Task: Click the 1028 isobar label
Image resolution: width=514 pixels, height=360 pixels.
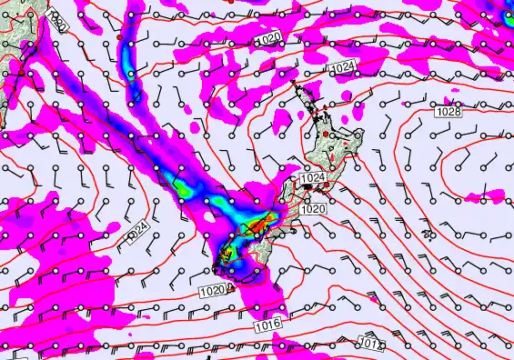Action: pyautogui.click(x=447, y=111)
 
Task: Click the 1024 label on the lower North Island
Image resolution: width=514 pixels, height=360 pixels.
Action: pyautogui.click(x=312, y=178)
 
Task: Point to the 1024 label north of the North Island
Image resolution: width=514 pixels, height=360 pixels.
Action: pyautogui.click(x=343, y=68)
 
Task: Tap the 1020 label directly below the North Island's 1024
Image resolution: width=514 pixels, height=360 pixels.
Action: pyautogui.click(x=313, y=208)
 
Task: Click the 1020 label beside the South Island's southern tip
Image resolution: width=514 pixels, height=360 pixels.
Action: pyautogui.click(x=210, y=291)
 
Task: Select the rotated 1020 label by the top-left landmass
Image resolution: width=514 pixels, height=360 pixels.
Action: pyautogui.click(x=56, y=20)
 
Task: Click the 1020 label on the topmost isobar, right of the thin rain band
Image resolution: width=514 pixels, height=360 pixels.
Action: pyautogui.click(x=268, y=39)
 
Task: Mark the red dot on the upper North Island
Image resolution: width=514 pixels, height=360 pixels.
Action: pyautogui.click(x=325, y=135)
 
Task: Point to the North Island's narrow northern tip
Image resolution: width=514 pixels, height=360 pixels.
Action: pyautogui.click(x=296, y=85)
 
